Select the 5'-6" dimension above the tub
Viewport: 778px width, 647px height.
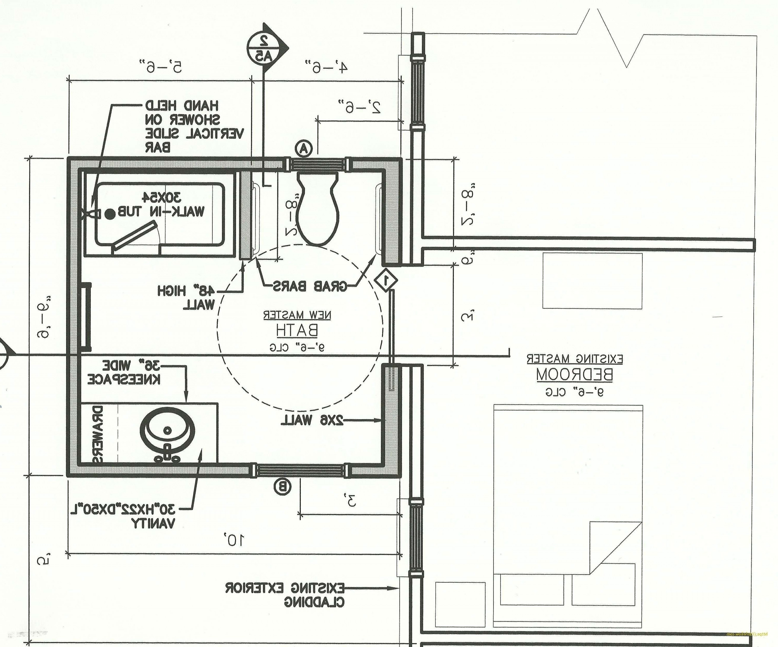click(x=161, y=67)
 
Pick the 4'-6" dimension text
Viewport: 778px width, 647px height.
click(x=326, y=67)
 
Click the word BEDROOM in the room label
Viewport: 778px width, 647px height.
click(x=574, y=375)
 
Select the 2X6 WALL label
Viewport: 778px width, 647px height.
click(x=312, y=420)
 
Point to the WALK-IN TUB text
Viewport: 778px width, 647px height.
click(x=161, y=211)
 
